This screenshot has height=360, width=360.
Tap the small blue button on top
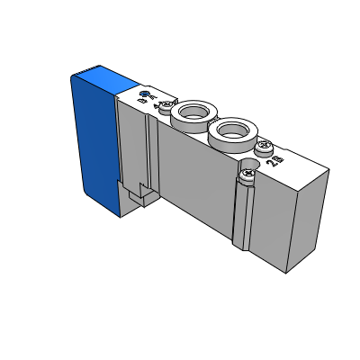tap(146, 93)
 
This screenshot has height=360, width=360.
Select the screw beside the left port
tap(165, 104)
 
